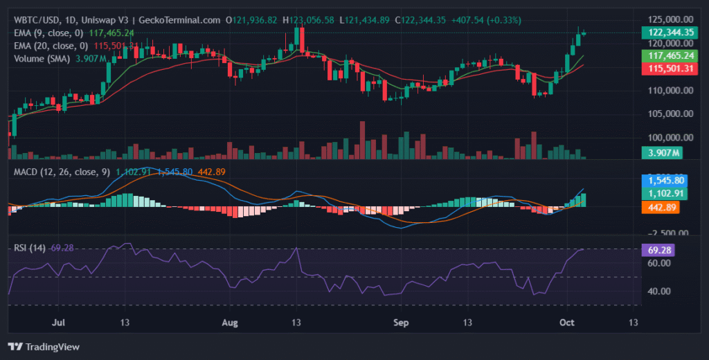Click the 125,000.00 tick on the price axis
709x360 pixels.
click(670, 19)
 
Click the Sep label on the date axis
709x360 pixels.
click(401, 323)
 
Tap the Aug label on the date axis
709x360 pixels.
click(231, 323)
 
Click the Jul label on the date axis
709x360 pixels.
click(60, 323)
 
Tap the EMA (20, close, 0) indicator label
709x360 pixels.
click(53, 46)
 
